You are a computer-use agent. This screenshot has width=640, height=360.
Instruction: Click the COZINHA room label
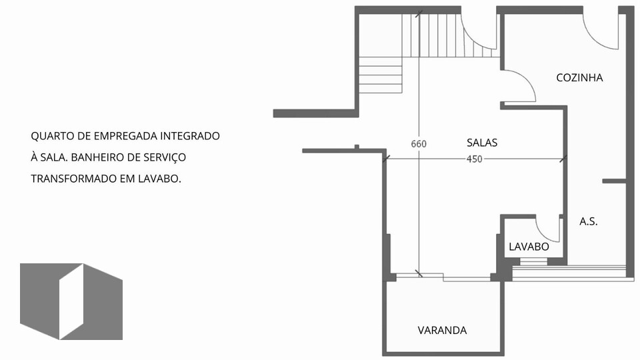point(579,77)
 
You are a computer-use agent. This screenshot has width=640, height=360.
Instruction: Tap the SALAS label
point(482,143)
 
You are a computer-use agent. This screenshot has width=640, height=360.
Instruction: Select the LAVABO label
point(529,247)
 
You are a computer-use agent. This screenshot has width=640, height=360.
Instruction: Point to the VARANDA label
point(442,330)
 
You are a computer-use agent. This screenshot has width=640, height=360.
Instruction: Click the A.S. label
point(588,221)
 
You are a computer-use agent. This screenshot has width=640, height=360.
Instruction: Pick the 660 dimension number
point(419,144)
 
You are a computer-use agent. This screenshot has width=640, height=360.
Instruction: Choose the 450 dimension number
point(474,159)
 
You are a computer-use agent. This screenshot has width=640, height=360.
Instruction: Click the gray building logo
point(71,301)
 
